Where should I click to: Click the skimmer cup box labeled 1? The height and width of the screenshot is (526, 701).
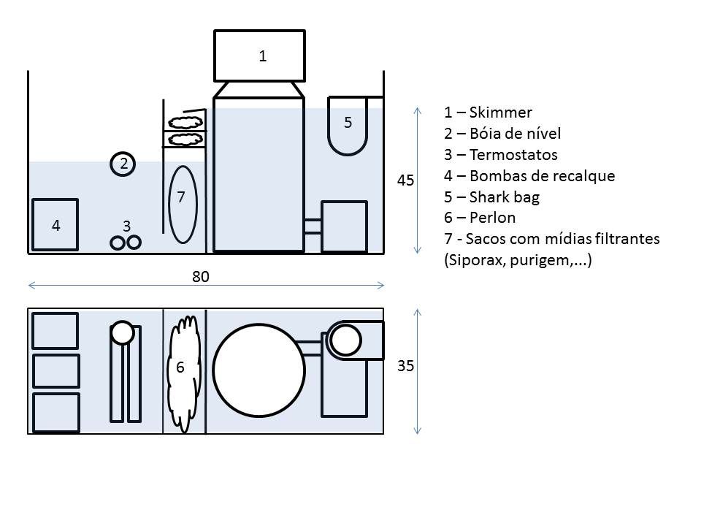(258, 56)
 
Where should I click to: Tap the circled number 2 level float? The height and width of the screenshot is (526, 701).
(123, 164)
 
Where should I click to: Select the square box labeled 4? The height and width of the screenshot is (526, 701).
(55, 225)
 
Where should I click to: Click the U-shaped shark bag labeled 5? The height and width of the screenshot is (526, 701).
(348, 124)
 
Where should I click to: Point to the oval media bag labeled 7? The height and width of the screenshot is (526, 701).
(182, 204)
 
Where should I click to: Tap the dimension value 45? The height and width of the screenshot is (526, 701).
(405, 180)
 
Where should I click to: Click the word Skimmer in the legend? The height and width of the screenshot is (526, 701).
(501, 113)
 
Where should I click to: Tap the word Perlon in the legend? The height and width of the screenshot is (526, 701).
(494, 218)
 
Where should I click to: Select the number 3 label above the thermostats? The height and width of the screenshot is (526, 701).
(126, 226)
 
